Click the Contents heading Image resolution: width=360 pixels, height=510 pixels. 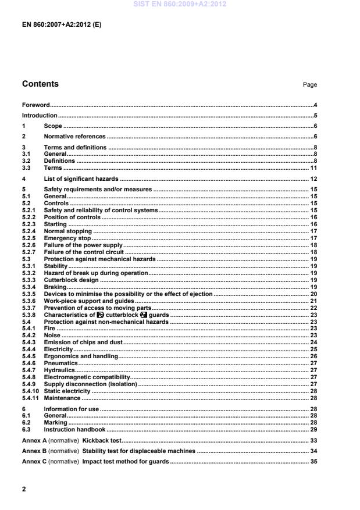coord(40,84)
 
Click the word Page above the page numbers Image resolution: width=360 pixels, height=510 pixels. coord(310,85)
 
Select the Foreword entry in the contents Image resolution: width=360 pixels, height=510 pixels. coord(35,105)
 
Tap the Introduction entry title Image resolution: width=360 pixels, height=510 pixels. coord(40,115)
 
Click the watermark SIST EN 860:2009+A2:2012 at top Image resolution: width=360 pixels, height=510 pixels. coord(180,4)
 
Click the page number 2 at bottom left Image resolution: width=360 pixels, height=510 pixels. coord(24,489)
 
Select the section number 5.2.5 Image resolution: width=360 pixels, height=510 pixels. coord(30,238)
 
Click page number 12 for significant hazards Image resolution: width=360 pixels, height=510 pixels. coord(313,179)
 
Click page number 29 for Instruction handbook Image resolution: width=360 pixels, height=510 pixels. coord(313,429)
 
